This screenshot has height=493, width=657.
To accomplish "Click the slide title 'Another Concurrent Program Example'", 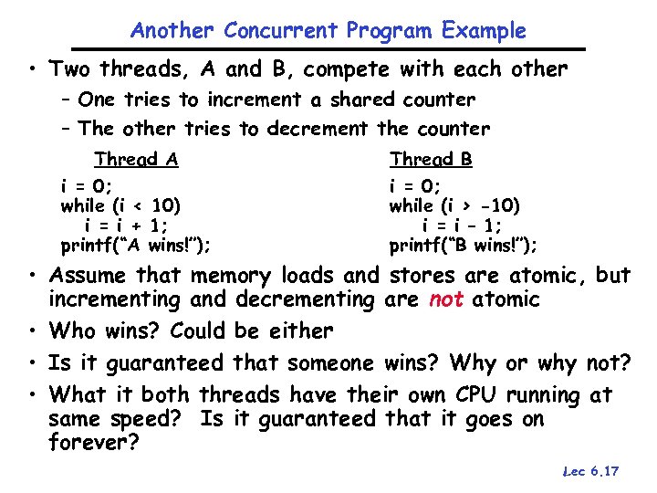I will [x=328, y=30].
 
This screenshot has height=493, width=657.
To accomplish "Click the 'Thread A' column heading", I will [x=136, y=160].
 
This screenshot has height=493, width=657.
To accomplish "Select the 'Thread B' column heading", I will [x=431, y=160].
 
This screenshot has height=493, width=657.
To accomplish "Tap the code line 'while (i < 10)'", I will [x=120, y=205].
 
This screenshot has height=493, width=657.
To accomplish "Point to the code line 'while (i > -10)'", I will [x=454, y=205].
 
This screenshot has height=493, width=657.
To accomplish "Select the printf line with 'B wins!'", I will [x=464, y=246].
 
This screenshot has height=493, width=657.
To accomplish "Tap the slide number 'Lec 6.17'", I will [x=591, y=471].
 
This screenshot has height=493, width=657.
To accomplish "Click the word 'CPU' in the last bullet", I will [x=477, y=395].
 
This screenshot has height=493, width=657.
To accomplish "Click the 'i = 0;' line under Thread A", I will [x=87, y=186].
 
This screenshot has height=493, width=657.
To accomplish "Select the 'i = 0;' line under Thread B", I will [x=416, y=186].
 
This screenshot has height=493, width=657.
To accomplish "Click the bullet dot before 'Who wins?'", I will [x=31, y=330].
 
